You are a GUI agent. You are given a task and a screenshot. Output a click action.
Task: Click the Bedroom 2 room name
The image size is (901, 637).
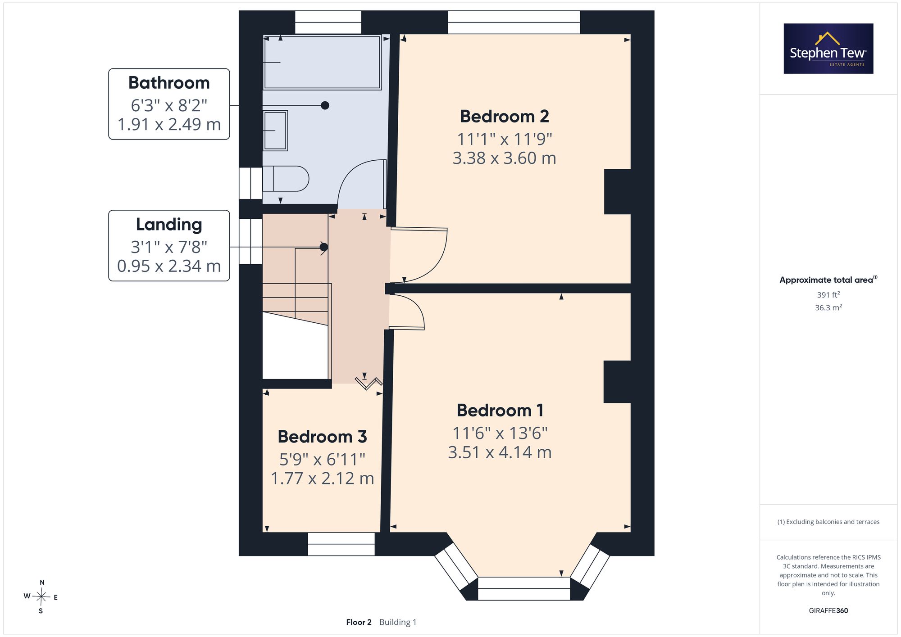click(504, 117)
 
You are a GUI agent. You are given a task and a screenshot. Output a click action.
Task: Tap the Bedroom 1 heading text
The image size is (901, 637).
click(500, 411)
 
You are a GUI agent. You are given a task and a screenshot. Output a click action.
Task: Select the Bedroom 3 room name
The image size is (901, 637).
click(322, 437)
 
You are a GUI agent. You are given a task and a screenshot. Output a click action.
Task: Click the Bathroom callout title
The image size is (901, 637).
click(169, 83)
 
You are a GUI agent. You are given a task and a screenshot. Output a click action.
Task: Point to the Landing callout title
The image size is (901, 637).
click(169, 225)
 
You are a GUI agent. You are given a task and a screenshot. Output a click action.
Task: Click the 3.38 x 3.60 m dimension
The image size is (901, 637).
click(504, 158)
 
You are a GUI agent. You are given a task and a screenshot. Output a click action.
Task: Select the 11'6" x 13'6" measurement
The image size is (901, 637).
click(500, 433)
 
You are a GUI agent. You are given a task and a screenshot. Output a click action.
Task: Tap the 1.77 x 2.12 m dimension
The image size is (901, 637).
click(322, 478)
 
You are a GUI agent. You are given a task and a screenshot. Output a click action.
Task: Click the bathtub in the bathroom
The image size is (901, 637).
click(323, 62)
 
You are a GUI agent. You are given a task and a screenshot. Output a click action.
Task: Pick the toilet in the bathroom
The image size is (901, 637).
click(286, 179)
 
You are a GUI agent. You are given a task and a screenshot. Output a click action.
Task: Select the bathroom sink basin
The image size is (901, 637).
click(275, 131)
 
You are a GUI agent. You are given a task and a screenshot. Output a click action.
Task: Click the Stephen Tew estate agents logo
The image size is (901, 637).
click(828, 49)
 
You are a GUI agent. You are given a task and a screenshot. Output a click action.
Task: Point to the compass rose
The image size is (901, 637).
click(41, 597)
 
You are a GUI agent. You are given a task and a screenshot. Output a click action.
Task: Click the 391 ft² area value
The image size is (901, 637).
click(828, 295)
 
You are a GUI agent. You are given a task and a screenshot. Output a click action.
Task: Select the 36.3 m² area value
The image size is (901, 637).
click(828, 307)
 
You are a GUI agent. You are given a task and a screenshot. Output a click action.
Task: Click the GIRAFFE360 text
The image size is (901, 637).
click(828, 611)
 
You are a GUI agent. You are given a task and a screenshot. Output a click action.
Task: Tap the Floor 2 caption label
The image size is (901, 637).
click(359, 622)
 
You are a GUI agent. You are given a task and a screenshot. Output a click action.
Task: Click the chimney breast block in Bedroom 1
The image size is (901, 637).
click(617, 382)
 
